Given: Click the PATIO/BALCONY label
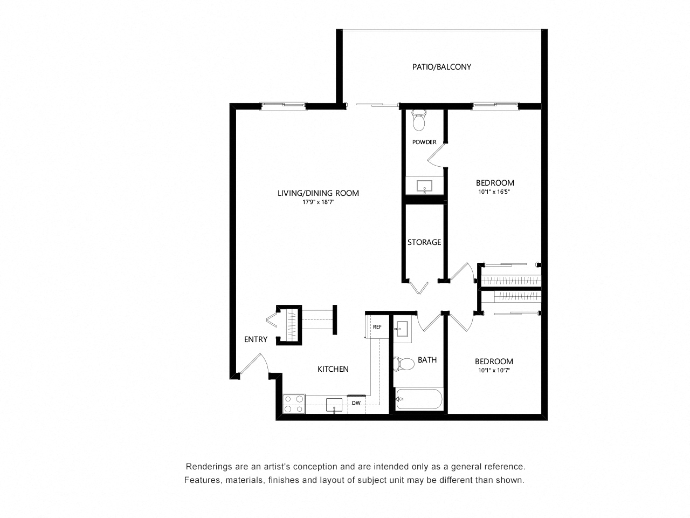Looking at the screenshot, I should (x=441, y=67).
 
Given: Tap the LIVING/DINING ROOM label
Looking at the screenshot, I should (x=318, y=193).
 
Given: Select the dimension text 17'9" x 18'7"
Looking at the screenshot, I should (x=318, y=202).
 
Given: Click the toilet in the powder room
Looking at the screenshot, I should (x=419, y=120).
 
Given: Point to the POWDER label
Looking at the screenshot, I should (x=424, y=142).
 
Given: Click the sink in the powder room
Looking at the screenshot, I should (x=425, y=187).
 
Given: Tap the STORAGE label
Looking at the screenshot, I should (x=424, y=242).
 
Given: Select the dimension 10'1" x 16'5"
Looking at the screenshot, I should (x=494, y=192).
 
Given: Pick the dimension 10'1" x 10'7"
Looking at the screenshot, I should (x=493, y=371).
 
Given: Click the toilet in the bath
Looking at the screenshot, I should (x=403, y=364).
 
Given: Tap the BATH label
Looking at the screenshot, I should (x=427, y=360).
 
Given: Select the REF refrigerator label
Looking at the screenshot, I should (x=377, y=327).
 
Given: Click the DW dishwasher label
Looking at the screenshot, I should (x=356, y=403).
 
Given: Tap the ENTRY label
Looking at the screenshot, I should (x=256, y=339).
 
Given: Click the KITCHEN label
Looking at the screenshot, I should (x=333, y=369).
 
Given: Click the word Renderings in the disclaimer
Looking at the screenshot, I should (x=209, y=466).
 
